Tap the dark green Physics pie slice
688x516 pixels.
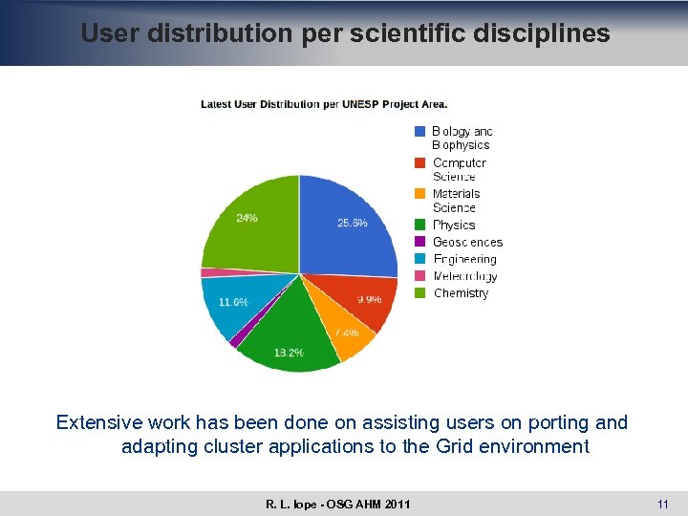pyautogui.click(x=291, y=330)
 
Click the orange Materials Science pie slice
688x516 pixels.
pyautogui.click(x=349, y=339)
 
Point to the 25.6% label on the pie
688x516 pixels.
pyautogui.click(x=353, y=224)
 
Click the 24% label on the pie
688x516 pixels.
pyautogui.click(x=247, y=218)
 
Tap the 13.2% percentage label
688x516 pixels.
pyautogui.click(x=289, y=353)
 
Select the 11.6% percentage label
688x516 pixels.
pyautogui.click(x=233, y=302)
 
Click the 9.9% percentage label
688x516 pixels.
pyautogui.click(x=370, y=300)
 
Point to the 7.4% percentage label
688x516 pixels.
pyautogui.click(x=346, y=333)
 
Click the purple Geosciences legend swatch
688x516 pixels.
pyautogui.click(x=419, y=243)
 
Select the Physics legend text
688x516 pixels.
pyautogui.click(x=454, y=226)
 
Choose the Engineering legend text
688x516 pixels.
pyautogui.click(x=465, y=260)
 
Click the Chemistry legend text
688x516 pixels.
pyautogui.click(x=461, y=294)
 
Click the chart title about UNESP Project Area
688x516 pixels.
pyautogui.click(x=324, y=104)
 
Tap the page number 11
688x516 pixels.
pyautogui.click(x=662, y=504)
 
